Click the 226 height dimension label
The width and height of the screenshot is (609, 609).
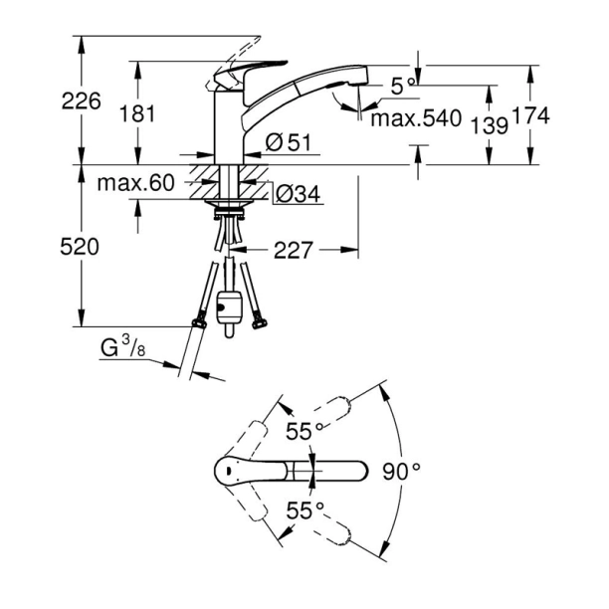click(81, 101)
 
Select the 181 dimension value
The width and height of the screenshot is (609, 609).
click(138, 112)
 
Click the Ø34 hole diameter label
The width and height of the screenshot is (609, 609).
click(297, 194)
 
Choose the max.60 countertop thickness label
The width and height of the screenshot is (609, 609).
click(136, 183)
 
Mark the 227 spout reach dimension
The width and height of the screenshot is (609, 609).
click(292, 252)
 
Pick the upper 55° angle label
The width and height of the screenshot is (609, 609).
click(305, 432)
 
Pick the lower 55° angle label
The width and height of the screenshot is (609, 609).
click(305, 510)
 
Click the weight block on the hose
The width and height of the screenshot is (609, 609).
click(231, 305)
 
